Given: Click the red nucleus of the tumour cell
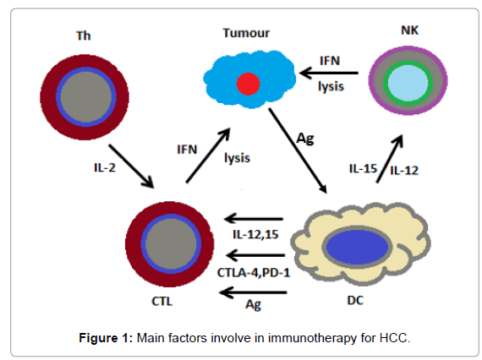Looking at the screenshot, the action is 248,84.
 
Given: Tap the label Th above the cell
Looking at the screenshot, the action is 84,36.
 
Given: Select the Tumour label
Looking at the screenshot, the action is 246,33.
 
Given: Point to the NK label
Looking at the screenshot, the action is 410,30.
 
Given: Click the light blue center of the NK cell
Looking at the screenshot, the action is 408,83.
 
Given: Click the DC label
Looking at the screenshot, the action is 355,300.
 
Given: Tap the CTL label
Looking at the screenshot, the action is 162,301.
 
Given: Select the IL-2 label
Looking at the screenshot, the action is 105,167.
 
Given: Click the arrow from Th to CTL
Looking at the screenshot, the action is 131,166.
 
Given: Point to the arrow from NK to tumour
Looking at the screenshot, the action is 329,74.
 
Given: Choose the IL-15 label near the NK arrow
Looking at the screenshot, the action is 363,168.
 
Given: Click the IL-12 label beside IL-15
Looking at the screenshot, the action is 404,171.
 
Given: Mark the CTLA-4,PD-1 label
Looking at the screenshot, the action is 254,273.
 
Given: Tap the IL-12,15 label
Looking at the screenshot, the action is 255,235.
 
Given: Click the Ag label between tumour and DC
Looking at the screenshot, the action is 305,139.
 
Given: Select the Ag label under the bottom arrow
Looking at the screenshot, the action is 254,305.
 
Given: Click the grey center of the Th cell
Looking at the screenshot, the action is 85,97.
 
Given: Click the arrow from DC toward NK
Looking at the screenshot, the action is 390,159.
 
